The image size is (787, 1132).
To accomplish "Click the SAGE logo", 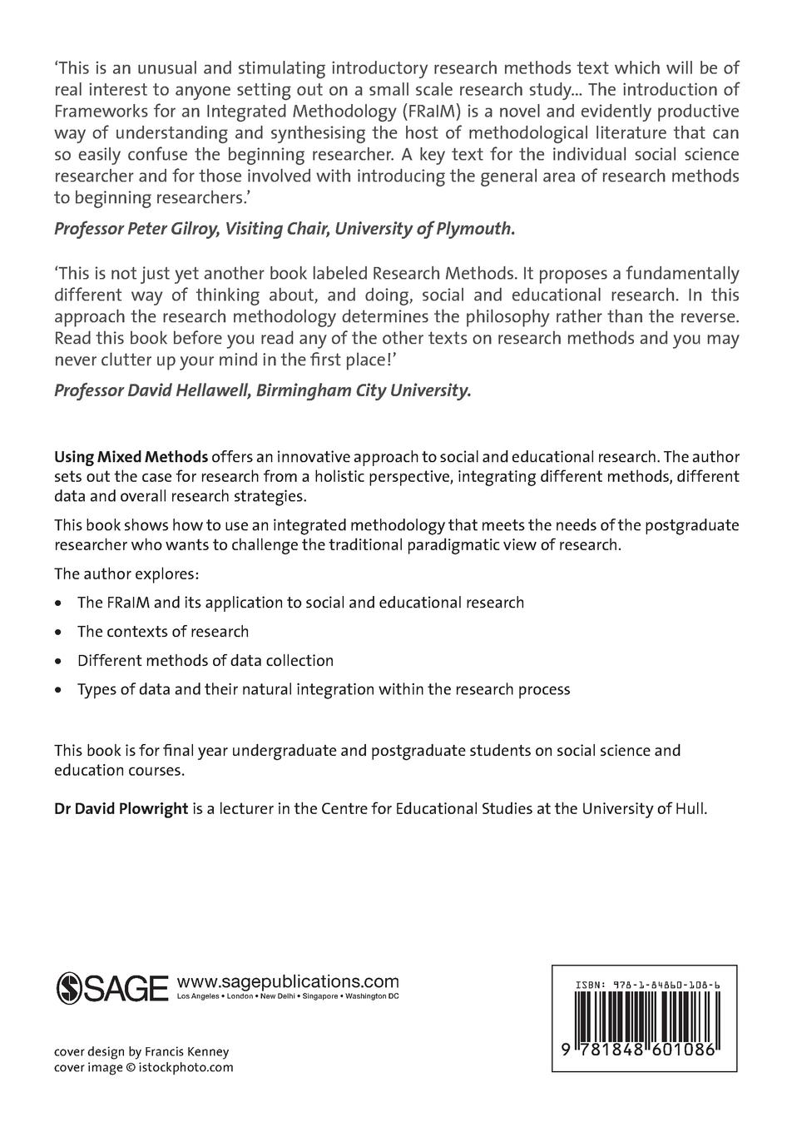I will pyautogui.click(x=111, y=987).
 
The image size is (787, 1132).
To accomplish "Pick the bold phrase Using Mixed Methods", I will pyautogui.click(x=131, y=457).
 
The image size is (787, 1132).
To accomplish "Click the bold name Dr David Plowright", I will pyautogui.click(x=121, y=809).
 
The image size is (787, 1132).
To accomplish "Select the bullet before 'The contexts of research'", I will pyautogui.click(x=57, y=633).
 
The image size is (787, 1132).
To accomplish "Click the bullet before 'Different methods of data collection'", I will pyautogui.click(x=57, y=662).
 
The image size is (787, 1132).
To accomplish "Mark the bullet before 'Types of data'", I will pyautogui.click(x=57, y=690).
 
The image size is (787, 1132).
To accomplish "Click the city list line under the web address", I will pyautogui.click(x=288, y=997).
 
